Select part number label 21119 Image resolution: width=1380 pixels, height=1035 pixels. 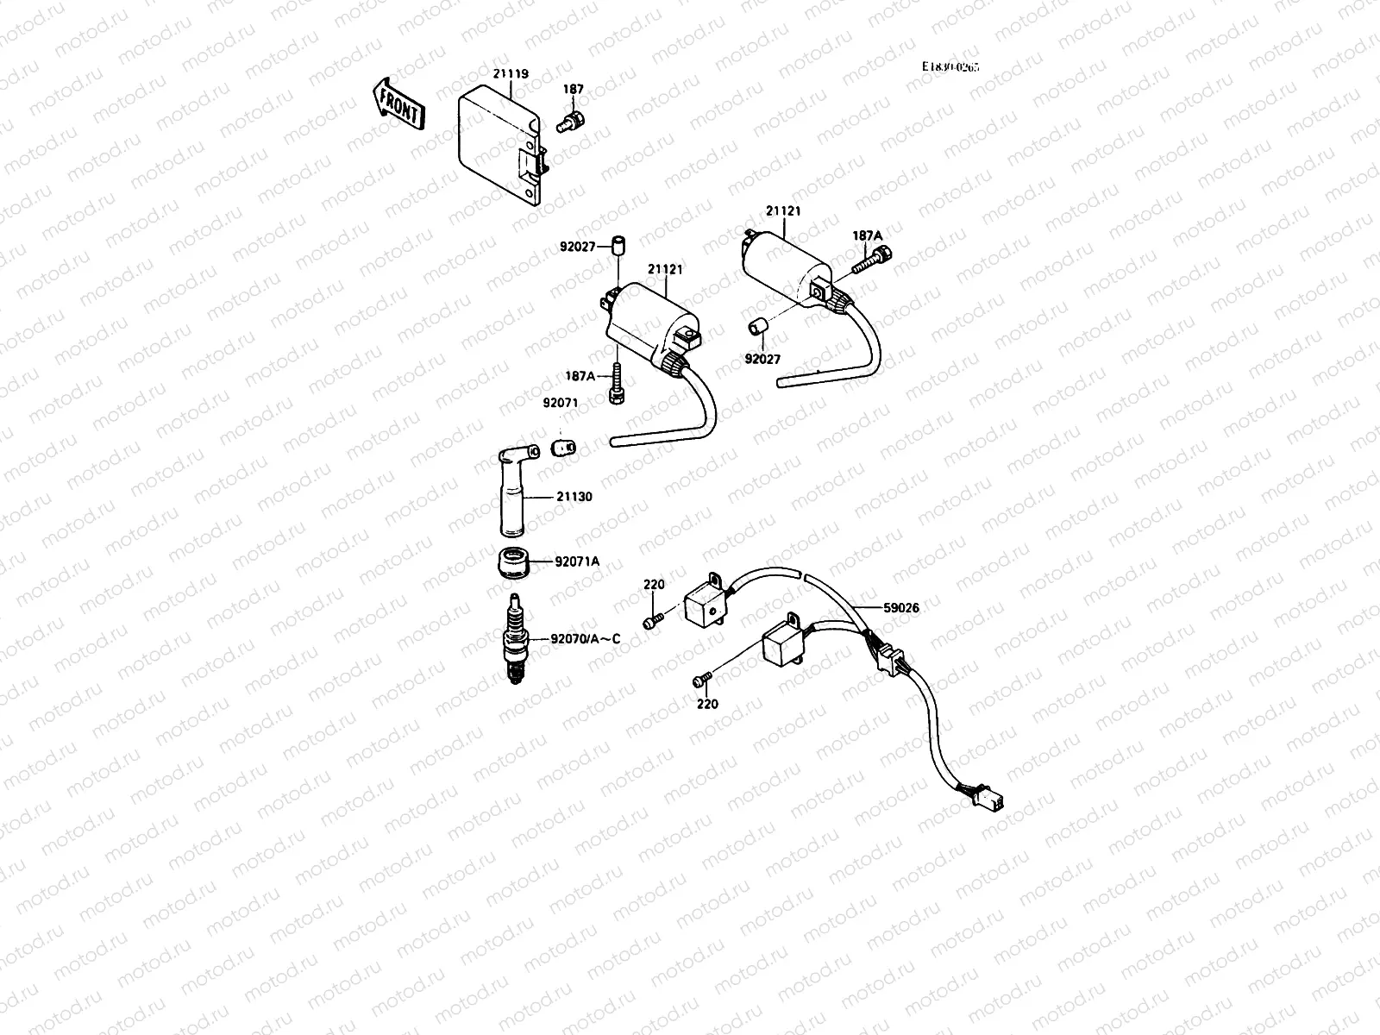click(x=511, y=74)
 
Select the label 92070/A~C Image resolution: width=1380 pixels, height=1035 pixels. click(x=586, y=639)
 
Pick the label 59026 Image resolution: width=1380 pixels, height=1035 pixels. click(x=901, y=607)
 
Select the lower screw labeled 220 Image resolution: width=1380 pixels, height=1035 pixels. click(x=702, y=681)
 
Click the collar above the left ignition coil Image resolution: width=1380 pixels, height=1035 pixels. click(x=617, y=246)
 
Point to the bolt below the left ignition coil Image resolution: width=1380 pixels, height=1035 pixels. click(x=618, y=385)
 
